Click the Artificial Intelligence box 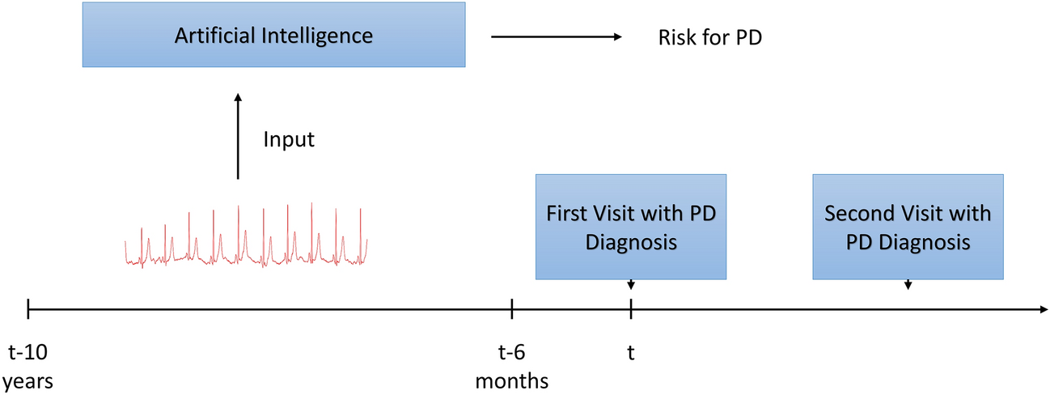tap(273, 35)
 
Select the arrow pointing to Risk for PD tap(557, 36)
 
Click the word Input tap(289, 139)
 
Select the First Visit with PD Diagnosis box tap(631, 227)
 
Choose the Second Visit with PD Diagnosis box tap(908, 227)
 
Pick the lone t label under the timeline tap(630, 352)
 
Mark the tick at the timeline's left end tap(28, 308)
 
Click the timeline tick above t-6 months tap(512, 308)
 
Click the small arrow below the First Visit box tap(631, 285)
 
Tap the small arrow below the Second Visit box tap(908, 285)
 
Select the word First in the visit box tap(565, 214)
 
